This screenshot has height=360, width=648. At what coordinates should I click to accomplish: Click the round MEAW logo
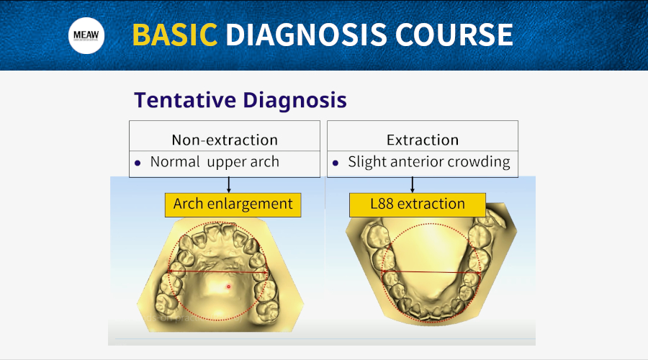coord(86,35)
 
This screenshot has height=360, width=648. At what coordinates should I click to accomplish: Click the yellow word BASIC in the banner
coord(175,35)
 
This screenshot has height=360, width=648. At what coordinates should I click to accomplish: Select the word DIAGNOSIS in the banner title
coord(306,35)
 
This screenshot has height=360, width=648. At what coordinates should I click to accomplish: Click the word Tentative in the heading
coord(185,100)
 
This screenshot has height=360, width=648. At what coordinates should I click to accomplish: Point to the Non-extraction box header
coord(225,140)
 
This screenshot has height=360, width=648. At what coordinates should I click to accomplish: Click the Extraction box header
coord(423,140)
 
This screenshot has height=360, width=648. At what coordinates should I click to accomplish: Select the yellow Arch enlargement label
coord(233,204)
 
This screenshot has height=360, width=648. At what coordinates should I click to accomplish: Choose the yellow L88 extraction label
coord(418,204)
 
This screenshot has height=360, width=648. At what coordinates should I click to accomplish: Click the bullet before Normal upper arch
coord(138,163)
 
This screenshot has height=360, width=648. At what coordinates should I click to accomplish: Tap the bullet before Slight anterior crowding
coord(335,163)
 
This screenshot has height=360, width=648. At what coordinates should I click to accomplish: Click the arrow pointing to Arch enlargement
coord(228,185)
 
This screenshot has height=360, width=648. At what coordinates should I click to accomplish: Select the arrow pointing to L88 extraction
coord(412,185)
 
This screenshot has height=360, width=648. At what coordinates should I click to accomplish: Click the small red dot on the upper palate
coord(228,287)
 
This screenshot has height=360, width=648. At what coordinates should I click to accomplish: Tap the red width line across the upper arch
coord(217,272)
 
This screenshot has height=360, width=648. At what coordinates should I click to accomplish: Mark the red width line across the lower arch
coord(431,272)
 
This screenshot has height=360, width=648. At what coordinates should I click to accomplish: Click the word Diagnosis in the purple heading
coord(294,100)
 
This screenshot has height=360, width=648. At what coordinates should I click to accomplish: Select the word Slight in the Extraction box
coord(367,162)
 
